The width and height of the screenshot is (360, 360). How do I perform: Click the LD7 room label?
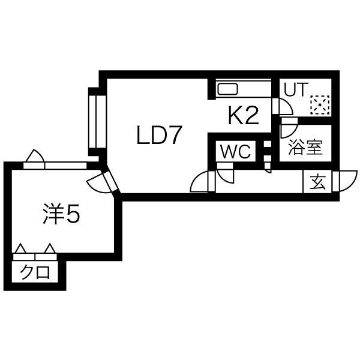pos(157,135)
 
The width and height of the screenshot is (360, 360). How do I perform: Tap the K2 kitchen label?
pos(244,116)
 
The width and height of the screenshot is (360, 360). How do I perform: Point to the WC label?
pos(235,152)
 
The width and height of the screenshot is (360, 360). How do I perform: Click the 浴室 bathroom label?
pos(305,147)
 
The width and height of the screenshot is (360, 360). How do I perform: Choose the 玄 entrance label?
pos(318,182)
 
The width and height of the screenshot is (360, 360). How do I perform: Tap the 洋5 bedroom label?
pos(61,214)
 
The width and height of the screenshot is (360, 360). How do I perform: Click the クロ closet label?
pos(35,272)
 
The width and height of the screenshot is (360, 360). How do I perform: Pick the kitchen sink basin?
pos(227,89)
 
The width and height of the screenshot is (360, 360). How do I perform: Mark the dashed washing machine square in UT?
pos(320,105)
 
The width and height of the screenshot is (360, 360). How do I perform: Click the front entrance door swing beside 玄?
pos(348,181)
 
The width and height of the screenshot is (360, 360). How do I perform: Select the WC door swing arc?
pos(225,174)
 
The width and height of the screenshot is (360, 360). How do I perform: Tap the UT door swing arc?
pos(286,107)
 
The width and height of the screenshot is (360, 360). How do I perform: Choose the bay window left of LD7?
pos(97,121)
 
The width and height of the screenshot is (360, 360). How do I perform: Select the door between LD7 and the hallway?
pos(200,181)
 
